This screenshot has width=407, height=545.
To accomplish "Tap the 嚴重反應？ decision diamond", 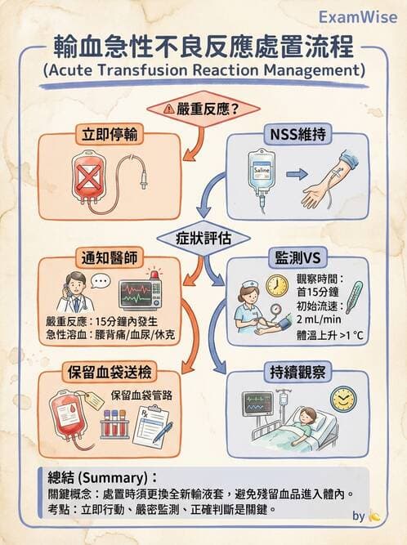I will pyautogui.click(x=203, y=108).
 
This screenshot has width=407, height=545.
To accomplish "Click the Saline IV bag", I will pyautogui.click(x=261, y=173).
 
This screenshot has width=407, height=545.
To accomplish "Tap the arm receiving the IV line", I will pyautogui.click(x=336, y=186).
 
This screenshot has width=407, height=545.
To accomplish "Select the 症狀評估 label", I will pyautogui.click(x=203, y=239).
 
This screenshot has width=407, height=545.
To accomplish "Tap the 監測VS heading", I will pyautogui.click(x=299, y=259).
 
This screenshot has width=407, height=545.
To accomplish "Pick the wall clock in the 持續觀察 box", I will pyautogui.click(x=344, y=399).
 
